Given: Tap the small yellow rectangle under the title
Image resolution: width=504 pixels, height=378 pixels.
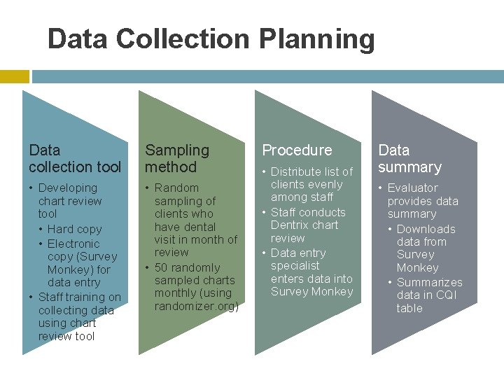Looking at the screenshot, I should [x=14, y=76].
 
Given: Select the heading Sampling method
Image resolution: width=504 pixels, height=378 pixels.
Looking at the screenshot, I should [x=177, y=158].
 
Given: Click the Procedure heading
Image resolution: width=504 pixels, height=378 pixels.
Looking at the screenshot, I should [x=297, y=150].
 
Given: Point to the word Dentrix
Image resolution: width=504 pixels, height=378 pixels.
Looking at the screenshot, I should [x=295, y=225].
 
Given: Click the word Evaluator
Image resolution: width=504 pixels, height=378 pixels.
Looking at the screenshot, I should [x=412, y=188].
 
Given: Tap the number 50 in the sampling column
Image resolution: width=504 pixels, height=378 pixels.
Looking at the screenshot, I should [x=162, y=267].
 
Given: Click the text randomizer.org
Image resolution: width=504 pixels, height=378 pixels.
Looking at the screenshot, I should [x=197, y=306].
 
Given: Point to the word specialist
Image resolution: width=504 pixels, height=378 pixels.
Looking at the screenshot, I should [x=295, y=265].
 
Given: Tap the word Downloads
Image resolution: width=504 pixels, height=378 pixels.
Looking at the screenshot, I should [x=426, y=229].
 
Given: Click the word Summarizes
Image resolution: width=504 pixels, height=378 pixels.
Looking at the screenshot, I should [x=430, y=282].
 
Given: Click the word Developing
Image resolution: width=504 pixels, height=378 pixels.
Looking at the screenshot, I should [x=68, y=188].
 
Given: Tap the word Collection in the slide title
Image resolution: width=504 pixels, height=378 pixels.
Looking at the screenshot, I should [x=182, y=39].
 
